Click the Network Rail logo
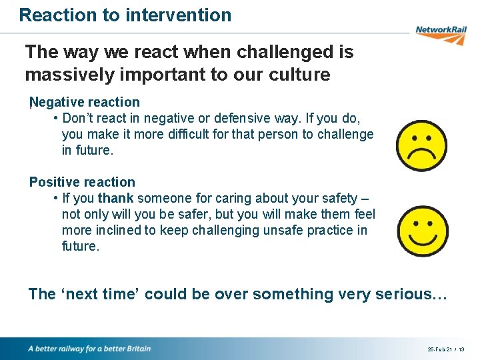(x=439, y=33)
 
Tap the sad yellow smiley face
(x=421, y=146)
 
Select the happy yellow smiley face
(x=422, y=231)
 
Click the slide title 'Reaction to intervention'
(x=125, y=15)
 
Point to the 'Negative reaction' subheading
(x=85, y=102)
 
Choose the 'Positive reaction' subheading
(x=82, y=182)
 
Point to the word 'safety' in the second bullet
(x=336, y=198)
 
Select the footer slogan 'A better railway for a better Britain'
(x=89, y=349)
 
